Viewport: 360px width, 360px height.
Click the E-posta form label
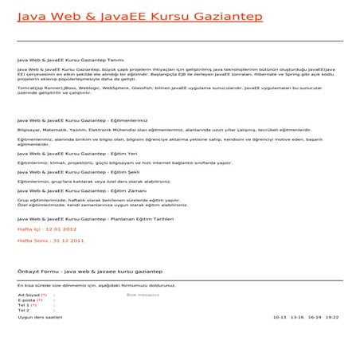(x=29, y=299)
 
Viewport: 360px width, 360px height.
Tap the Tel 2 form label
(x=24, y=311)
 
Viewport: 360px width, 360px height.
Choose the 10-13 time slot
(x=279, y=316)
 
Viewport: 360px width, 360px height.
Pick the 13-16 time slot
(x=297, y=316)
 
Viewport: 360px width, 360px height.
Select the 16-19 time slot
(x=315, y=316)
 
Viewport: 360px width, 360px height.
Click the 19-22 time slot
(x=332, y=316)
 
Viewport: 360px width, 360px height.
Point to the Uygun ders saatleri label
(x=39, y=316)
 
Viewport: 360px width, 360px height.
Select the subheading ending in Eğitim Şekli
(x=79, y=171)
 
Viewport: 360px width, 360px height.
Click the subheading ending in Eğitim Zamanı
(x=80, y=191)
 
